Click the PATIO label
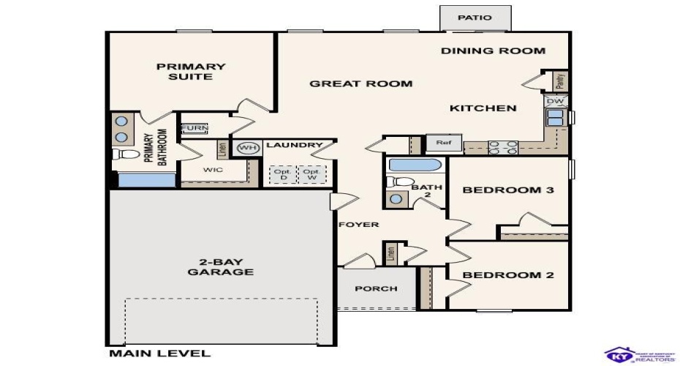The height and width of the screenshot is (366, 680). click(475, 18)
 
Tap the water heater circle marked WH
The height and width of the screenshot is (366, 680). click(249, 147)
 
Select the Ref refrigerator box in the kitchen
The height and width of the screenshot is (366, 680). click(444, 143)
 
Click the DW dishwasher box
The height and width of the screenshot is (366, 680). click(555, 101)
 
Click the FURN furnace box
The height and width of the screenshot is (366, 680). click(194, 128)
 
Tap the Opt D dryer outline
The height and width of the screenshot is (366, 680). click(282, 175)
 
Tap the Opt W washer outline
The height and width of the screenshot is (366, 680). click(311, 175)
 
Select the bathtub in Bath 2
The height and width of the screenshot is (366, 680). click(415, 165)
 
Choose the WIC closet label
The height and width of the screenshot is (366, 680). click(213, 170)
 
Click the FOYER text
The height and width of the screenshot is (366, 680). click(358, 224)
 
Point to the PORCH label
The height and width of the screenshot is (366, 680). click(376, 288)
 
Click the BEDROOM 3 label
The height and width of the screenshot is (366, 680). click(508, 190)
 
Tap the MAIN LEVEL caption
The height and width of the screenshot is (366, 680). click(159, 354)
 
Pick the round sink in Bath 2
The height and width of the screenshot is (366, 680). click(396, 198)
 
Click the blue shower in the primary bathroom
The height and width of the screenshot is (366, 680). click(143, 180)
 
